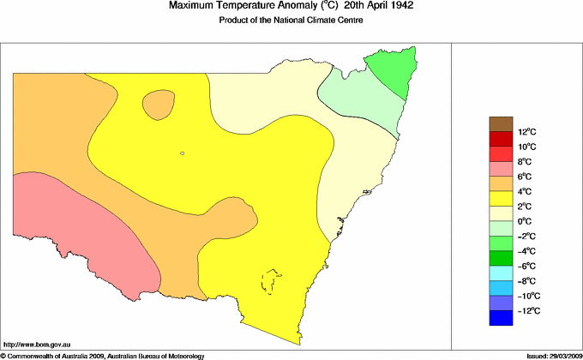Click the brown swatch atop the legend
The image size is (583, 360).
pyautogui.click(x=500, y=123)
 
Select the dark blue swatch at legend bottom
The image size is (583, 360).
pyautogui.click(x=500, y=319)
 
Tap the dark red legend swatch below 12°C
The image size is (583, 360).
pyautogui.click(x=500, y=138)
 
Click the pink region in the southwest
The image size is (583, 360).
pyautogui.click(x=86, y=231)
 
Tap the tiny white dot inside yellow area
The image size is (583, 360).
pyautogui.click(x=183, y=154)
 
